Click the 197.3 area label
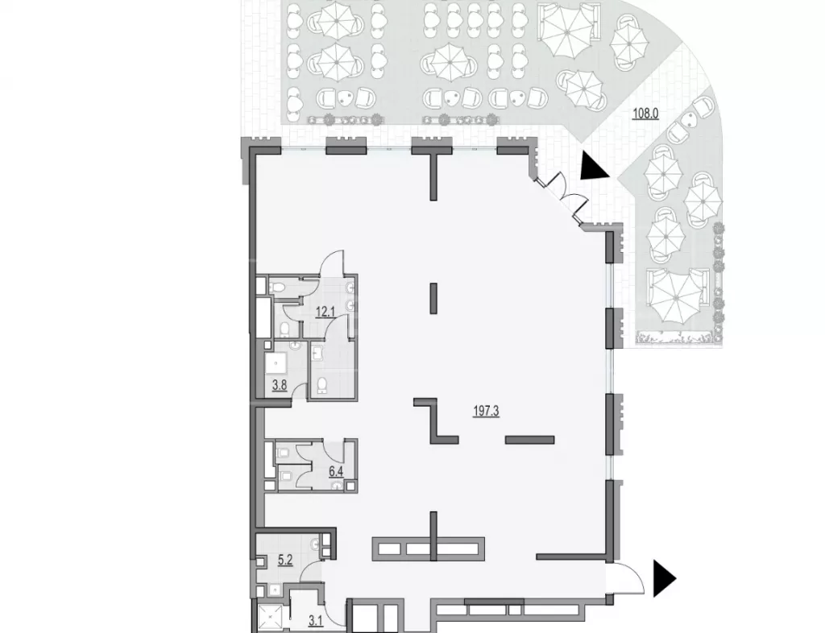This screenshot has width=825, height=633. coord(486,412)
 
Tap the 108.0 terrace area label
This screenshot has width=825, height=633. coord(645,114)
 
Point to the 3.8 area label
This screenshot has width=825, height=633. coord(279,385)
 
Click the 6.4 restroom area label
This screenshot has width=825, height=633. coord(336,470)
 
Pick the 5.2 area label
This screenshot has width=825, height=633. coord(285,561)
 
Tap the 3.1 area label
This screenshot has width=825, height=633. coord(315,622)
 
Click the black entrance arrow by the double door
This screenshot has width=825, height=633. coord(594,168)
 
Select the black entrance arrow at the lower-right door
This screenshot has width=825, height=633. coord(664,578)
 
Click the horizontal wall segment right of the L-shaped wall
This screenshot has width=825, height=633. coord(529,440)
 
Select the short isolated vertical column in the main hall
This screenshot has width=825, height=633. coord(433,298)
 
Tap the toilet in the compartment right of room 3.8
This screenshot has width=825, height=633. coord(322,387)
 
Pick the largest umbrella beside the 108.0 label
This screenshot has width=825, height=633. coord(676,296)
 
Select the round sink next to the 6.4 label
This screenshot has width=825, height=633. coord(336,486)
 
